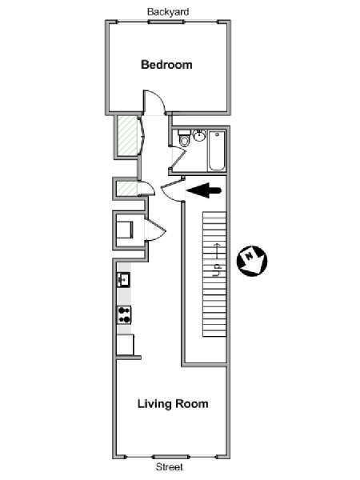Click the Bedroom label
[166, 65]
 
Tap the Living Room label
[173, 404]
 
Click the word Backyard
[168, 12]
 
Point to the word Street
[170, 467]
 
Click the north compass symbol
[252, 261]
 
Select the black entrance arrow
[203, 190]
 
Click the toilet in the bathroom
[185, 138]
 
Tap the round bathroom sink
[199, 135]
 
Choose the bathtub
[217, 150]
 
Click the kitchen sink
[124, 279]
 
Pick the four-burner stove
[124, 315]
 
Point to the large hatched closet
[127, 135]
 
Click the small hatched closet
[127, 189]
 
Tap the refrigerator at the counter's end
[126, 345]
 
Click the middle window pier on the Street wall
[170, 457]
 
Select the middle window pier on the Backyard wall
[166, 22]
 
